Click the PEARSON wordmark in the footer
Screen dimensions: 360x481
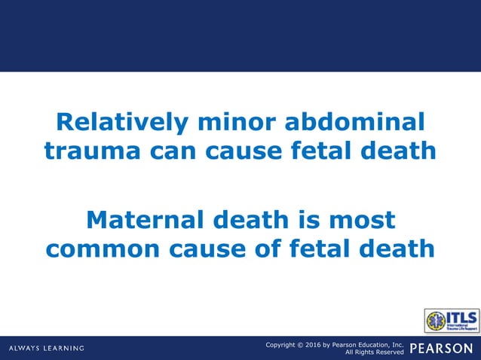pos(443,348)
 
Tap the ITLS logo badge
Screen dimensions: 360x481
pos(451,320)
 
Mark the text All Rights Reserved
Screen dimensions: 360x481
pos(375,352)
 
